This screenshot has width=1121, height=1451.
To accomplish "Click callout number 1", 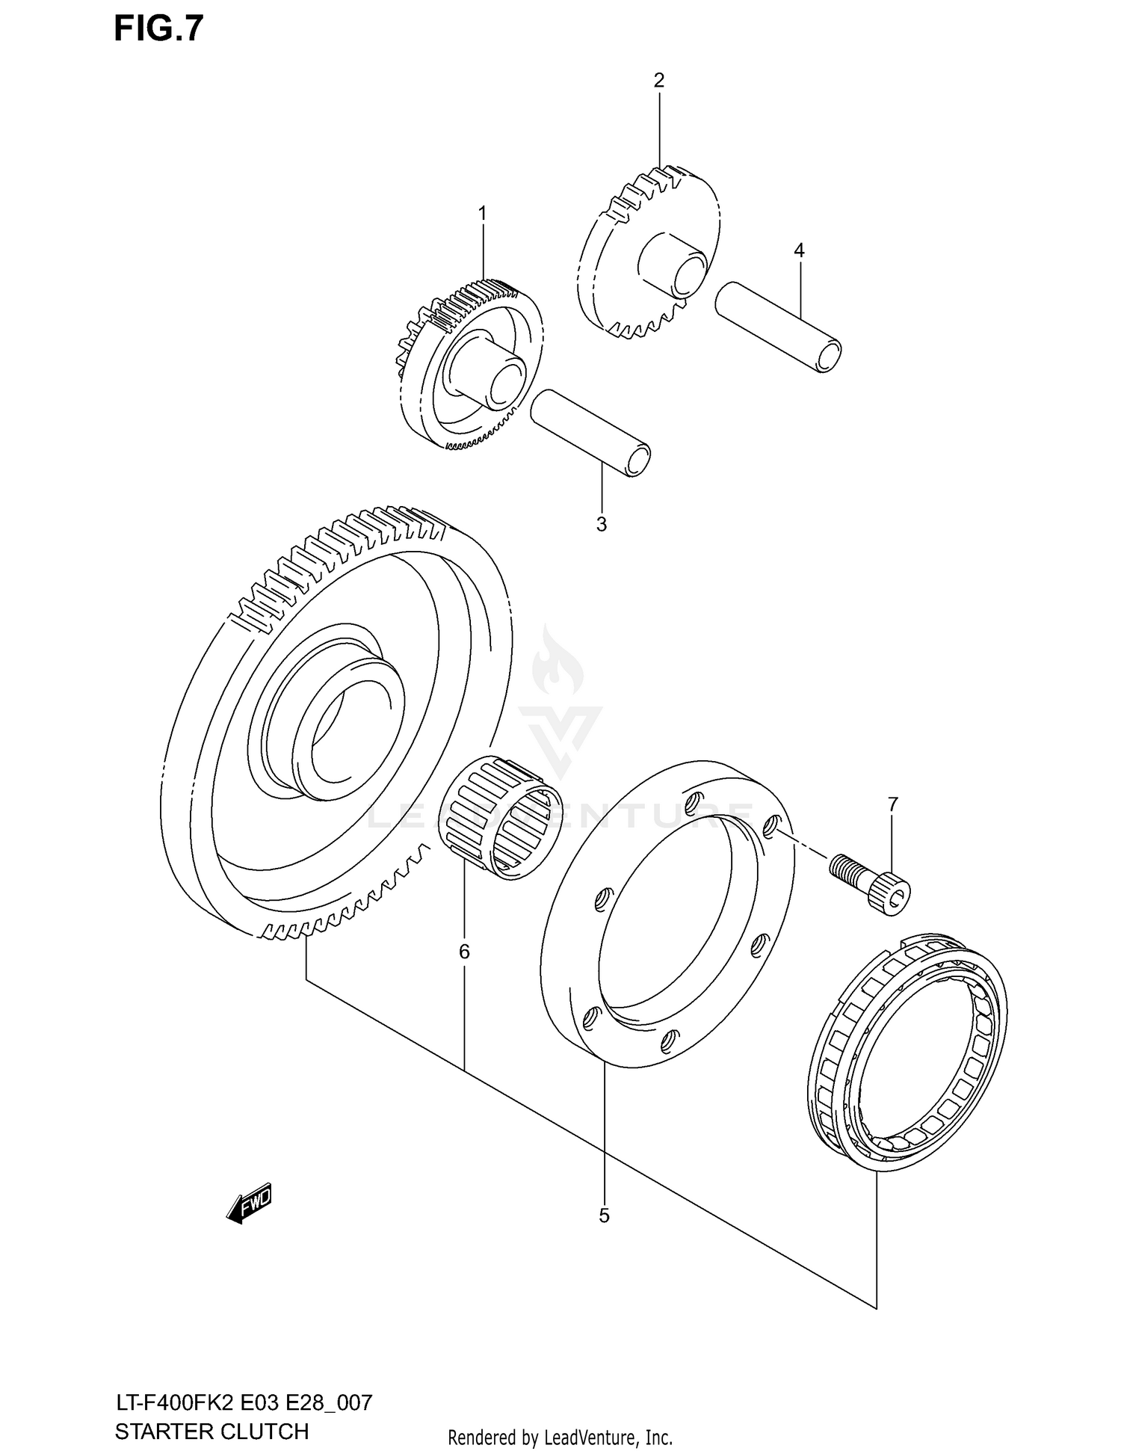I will (482, 214).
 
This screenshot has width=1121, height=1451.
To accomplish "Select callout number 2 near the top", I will (658, 81).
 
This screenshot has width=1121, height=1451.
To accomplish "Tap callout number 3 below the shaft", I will (602, 525).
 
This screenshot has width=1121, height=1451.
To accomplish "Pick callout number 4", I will (799, 250).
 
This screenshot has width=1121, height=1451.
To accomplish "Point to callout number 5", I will (604, 1216).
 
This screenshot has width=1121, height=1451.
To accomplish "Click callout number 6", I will (464, 952).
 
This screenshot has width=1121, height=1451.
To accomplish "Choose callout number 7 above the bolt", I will (892, 804).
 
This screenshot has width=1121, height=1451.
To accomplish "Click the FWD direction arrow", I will (250, 1203).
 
